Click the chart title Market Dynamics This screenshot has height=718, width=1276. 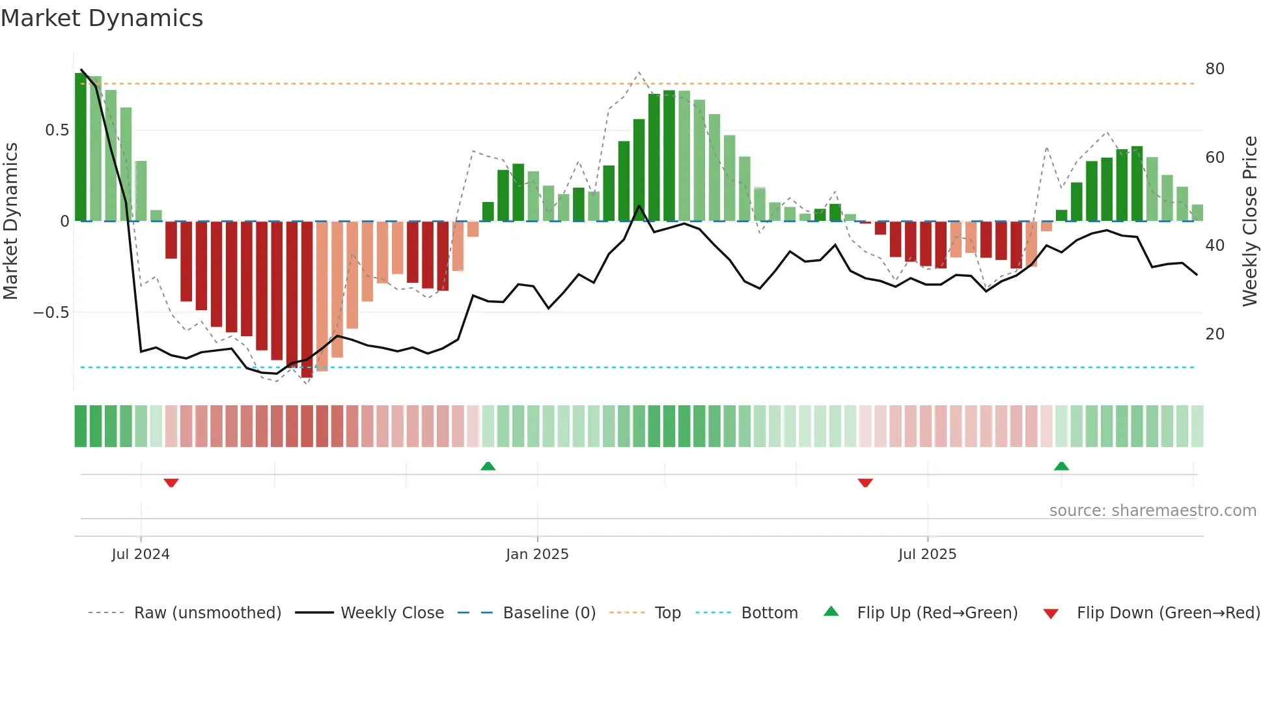click(102, 18)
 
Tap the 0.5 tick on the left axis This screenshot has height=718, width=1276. click(57, 130)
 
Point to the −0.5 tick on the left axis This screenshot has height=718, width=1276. click(51, 313)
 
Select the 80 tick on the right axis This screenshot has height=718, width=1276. click(1215, 69)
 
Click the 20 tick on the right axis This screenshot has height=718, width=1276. click(1215, 334)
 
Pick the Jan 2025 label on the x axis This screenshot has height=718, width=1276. click(537, 554)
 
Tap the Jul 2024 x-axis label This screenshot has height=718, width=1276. click(141, 554)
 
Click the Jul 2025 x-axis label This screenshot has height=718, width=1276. click(927, 554)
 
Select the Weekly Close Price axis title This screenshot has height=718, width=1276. click(1249, 222)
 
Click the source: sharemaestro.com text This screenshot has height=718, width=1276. click(1152, 511)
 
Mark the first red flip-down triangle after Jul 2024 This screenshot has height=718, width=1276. click(171, 483)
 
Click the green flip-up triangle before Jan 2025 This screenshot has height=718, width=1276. click(488, 466)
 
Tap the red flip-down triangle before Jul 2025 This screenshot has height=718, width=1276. click(865, 483)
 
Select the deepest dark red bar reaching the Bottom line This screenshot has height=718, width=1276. click(307, 300)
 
